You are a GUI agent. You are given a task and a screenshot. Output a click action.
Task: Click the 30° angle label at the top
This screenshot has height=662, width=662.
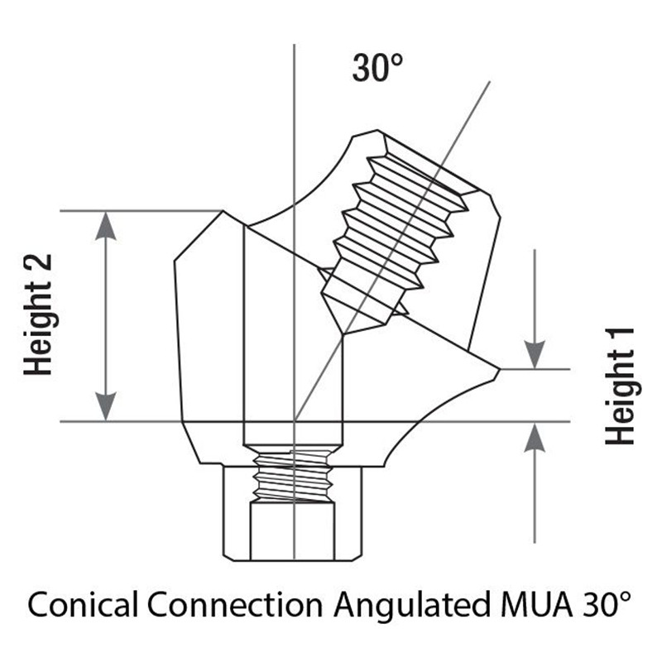377,68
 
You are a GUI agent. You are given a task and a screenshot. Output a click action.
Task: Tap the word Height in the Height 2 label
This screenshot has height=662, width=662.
38,328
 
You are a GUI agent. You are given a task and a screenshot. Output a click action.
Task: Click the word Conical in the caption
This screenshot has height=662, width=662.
83,604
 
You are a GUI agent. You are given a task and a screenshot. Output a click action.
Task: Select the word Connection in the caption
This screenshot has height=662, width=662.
235,604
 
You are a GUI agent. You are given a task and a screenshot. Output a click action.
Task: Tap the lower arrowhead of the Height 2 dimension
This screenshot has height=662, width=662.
106,406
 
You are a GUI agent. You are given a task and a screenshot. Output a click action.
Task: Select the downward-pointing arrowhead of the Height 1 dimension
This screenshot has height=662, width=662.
535,355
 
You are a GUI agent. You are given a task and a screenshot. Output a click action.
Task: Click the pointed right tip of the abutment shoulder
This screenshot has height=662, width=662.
500,370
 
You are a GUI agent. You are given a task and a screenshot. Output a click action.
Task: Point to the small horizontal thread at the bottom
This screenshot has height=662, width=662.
292,476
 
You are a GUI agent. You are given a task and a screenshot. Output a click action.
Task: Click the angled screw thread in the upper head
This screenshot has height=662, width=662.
396,223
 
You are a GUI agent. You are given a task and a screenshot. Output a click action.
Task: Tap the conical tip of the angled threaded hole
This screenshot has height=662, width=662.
343,335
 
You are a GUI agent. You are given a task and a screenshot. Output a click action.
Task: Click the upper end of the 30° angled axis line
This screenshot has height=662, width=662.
490,81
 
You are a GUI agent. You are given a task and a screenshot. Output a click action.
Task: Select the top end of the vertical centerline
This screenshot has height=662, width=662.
295,44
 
